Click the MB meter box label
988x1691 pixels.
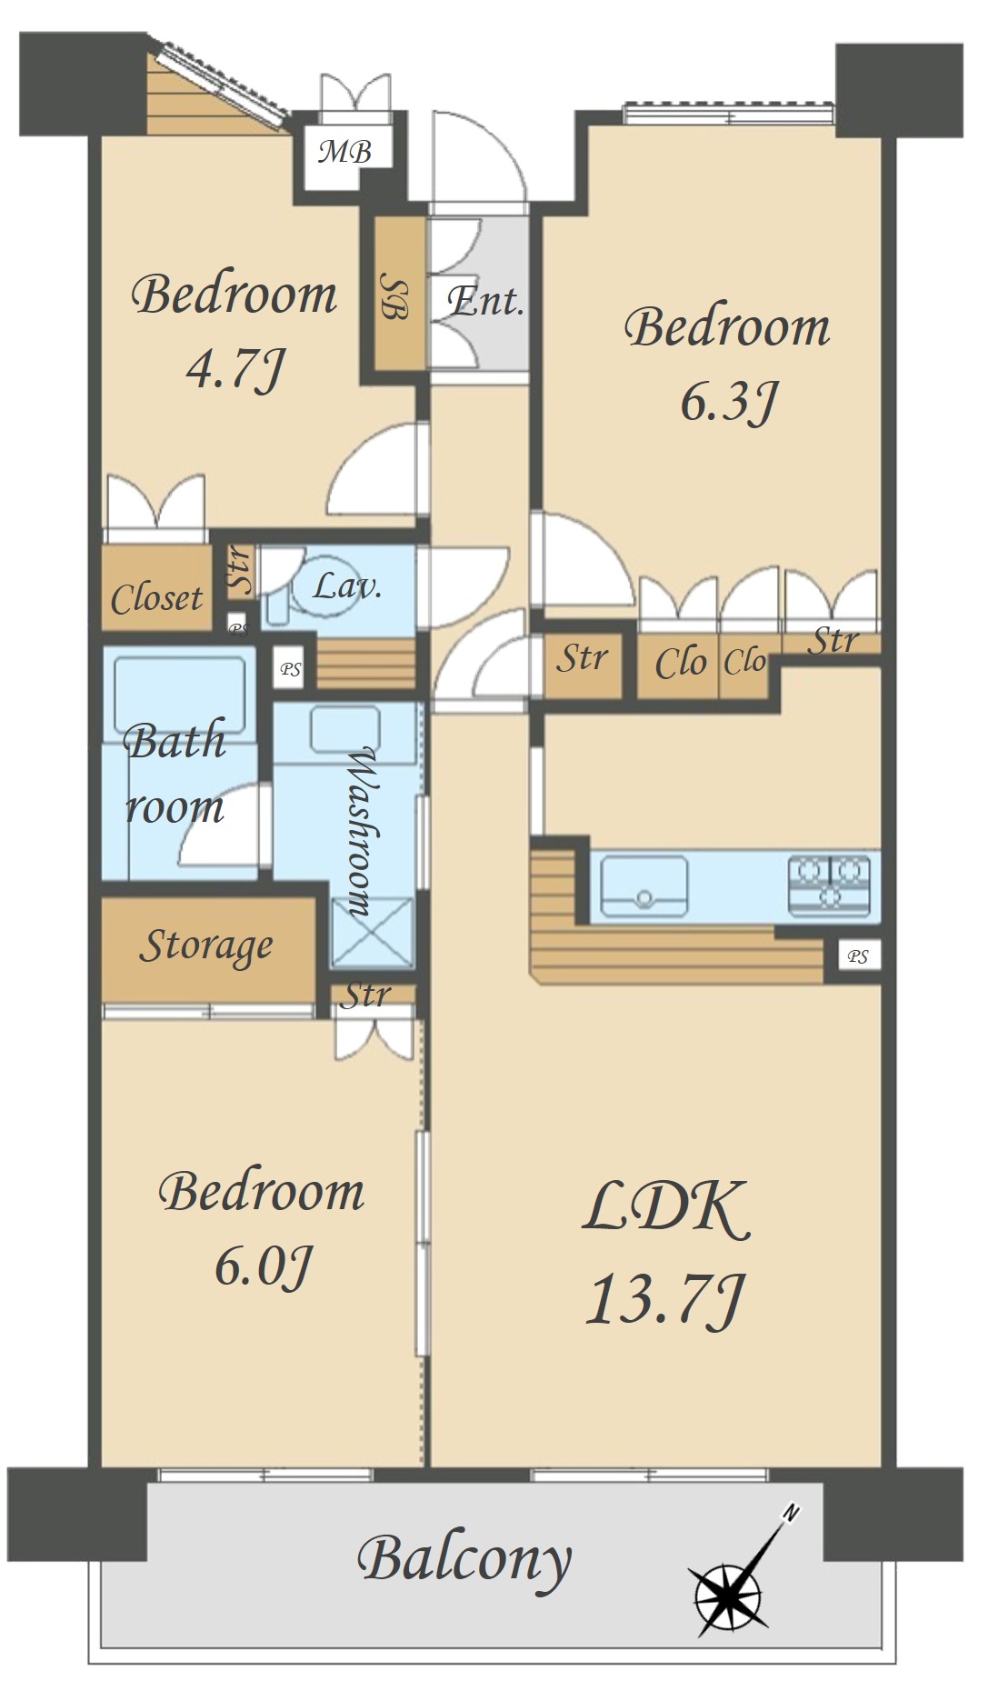345,150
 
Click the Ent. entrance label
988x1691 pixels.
486,301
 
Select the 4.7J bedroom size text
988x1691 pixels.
236,368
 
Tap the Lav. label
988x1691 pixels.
347,586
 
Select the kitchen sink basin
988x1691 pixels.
644,886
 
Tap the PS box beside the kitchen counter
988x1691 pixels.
858,956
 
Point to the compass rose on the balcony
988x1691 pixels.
727,1595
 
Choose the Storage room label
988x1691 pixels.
205,946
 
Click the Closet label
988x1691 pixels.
156,598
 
